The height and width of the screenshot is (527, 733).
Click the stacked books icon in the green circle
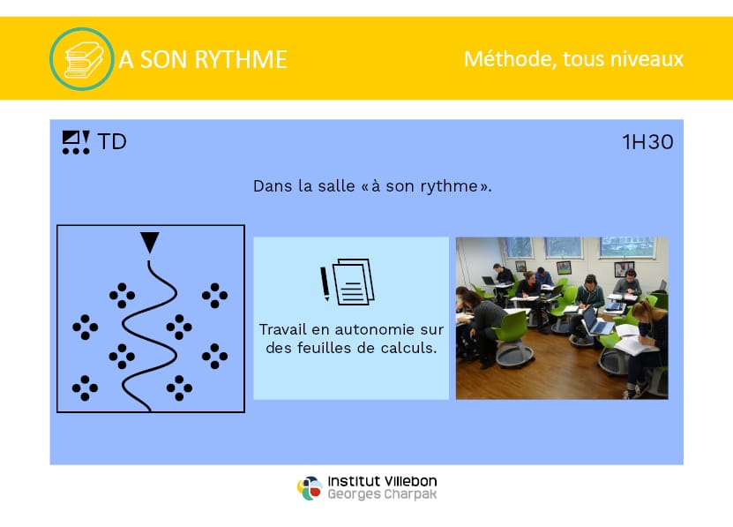(x=84, y=60)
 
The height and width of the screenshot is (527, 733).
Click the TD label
(x=112, y=142)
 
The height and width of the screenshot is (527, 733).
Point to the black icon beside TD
(x=76, y=142)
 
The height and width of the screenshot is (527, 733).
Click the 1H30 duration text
(x=648, y=142)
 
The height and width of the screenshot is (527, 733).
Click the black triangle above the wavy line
(x=150, y=242)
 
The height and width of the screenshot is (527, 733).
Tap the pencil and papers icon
(x=348, y=282)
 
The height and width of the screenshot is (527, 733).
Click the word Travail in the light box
(x=283, y=329)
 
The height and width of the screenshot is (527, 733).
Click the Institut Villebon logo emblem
(x=310, y=488)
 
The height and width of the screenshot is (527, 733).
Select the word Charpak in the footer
(x=410, y=494)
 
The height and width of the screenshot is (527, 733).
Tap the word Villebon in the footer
(x=410, y=481)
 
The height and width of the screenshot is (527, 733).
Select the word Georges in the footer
(x=354, y=494)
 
